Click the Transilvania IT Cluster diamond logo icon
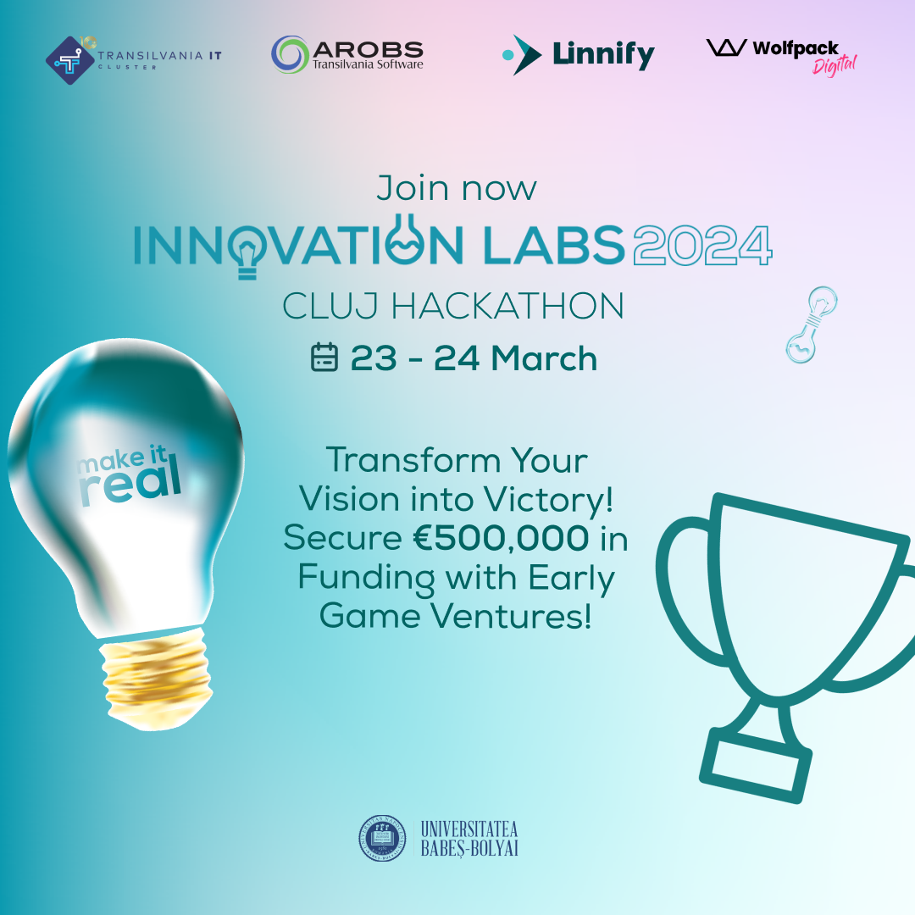click(70, 60)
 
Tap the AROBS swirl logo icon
click(290, 54)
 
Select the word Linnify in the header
click(603, 55)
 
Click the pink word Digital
click(835, 65)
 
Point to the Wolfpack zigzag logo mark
click(727, 47)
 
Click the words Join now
click(457, 188)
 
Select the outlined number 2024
click(702, 245)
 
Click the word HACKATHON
click(507, 307)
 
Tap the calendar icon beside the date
click(324, 358)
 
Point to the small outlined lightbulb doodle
click(811, 324)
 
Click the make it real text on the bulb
click(129, 474)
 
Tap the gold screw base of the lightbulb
click(156, 679)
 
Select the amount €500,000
click(502, 537)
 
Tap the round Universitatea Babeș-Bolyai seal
click(382, 839)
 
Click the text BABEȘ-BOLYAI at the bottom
click(469, 848)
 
